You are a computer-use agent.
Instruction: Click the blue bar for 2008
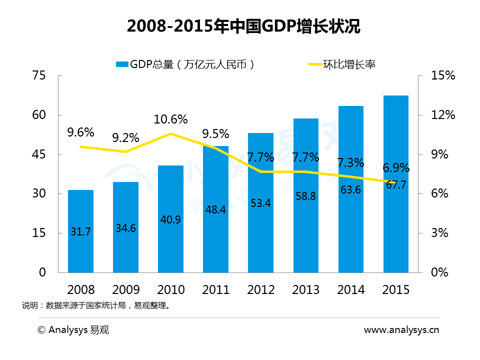pyautogui.click(x=80, y=231)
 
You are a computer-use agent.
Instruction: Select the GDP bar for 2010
pyautogui.click(x=171, y=218)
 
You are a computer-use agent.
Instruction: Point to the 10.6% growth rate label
pyautogui.click(x=171, y=120)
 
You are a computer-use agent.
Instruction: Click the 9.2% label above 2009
pyautogui.click(x=125, y=137)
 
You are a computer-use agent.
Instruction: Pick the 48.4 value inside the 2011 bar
pyautogui.click(x=215, y=210)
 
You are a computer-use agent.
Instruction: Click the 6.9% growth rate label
pyautogui.click(x=396, y=167)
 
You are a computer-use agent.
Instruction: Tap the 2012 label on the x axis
pyautogui.click(x=260, y=290)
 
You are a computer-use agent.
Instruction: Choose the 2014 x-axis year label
pyautogui.click(x=350, y=290)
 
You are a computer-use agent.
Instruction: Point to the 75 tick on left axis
pyautogui.click(x=39, y=76)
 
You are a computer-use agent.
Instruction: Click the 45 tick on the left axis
pyautogui.click(x=39, y=154)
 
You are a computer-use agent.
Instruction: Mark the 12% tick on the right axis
pyautogui.click(x=443, y=115)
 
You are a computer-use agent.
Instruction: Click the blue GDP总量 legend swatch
pyautogui.click(x=121, y=64)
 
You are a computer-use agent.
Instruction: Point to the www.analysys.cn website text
pyautogui.click(x=401, y=329)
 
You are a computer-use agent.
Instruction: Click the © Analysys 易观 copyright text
pyautogui.click(x=73, y=329)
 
